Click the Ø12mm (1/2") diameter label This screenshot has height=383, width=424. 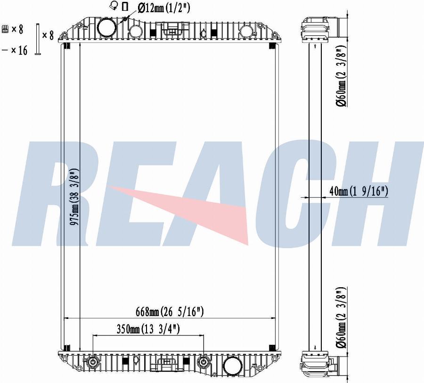tap(163, 8)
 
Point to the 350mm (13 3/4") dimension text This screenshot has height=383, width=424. tap(148, 329)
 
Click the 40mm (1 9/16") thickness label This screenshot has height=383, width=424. tap(359, 191)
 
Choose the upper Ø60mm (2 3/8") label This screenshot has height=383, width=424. tap(342, 76)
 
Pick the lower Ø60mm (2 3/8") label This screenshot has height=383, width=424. tap(342, 316)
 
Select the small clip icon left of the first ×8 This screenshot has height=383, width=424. tap(5, 29)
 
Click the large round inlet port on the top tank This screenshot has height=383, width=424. tap(106, 27)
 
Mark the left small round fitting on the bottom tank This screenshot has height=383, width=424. tap(93, 363)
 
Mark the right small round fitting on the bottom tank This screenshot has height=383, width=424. tap(204, 363)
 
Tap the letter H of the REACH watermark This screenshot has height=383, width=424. tap(377, 193)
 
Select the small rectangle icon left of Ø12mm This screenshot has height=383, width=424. tap(125, 7)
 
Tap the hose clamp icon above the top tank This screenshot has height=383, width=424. tap(114, 6)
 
